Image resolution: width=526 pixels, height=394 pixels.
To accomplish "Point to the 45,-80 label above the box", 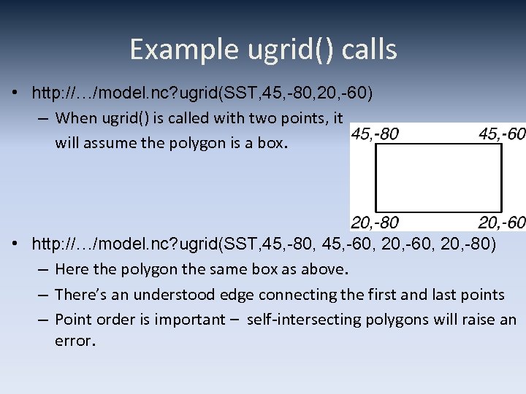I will (x=376, y=134).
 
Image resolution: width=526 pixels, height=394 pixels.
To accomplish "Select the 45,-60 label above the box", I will (x=502, y=134).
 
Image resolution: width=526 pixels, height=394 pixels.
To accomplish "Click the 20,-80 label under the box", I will (x=376, y=223).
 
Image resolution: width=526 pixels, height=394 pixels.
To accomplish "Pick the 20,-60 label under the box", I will (x=502, y=223).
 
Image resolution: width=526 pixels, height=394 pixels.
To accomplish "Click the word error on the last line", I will (x=73, y=341).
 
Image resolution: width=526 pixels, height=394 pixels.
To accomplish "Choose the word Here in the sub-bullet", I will (x=72, y=269).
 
